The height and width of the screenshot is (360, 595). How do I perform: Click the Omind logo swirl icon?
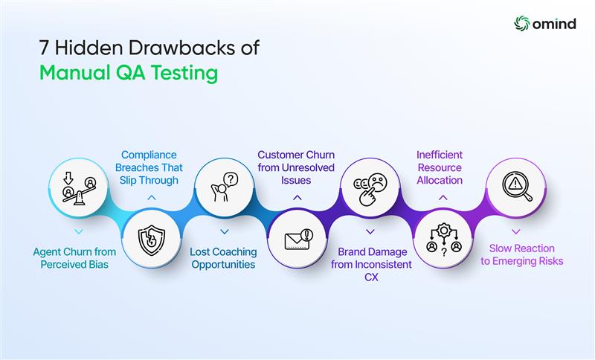tap(522, 23)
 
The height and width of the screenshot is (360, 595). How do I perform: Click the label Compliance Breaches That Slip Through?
tap(151, 167)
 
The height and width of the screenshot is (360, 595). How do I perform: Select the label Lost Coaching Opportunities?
tap(224, 257)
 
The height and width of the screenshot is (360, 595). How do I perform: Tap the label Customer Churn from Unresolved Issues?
tap(296, 167)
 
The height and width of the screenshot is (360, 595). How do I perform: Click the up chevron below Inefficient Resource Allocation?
tap(442, 198)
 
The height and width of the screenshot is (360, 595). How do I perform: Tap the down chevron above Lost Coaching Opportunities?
tap(224, 232)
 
